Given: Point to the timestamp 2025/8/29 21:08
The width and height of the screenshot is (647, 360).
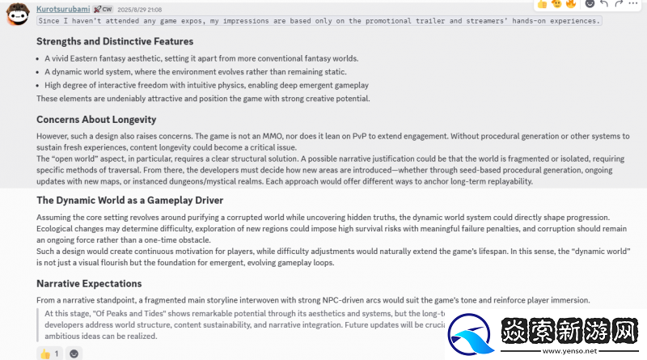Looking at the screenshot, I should [141, 10].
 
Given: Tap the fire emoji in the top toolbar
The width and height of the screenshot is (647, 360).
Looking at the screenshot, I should [572, 4].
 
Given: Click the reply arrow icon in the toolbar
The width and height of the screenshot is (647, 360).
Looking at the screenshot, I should [603, 4].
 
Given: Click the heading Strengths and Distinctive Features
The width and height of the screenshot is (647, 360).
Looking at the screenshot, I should [115, 41].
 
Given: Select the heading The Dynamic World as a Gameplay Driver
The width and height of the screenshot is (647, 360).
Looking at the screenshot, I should [129, 200].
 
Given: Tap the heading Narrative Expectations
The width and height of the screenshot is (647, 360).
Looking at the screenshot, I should [89, 284].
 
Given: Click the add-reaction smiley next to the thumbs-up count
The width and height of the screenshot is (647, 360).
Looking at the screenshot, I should [74, 354].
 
